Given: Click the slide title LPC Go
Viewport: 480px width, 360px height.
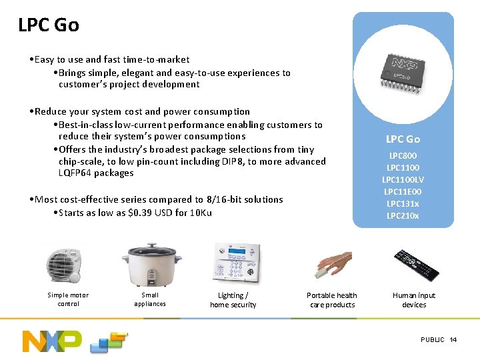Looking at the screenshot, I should (x=49, y=25).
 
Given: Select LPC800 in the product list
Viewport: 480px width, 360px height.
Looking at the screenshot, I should (x=403, y=155).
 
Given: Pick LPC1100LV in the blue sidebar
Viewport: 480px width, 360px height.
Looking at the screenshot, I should (x=403, y=179).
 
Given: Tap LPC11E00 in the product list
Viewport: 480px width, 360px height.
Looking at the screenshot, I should (x=403, y=191).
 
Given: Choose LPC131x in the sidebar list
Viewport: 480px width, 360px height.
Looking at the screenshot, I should (x=403, y=203).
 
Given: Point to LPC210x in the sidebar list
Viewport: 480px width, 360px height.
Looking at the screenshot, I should (x=403, y=215).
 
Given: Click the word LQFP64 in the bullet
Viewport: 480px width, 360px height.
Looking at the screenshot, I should (x=76, y=173).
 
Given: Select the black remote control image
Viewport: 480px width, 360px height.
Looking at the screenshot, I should (x=415, y=264).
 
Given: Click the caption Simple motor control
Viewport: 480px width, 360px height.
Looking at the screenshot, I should (x=68, y=299).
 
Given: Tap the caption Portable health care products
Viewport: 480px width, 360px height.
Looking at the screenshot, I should (x=331, y=300).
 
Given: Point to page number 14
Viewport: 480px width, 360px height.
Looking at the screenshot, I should (x=453, y=340).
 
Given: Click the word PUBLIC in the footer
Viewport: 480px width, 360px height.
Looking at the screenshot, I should (x=433, y=340).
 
